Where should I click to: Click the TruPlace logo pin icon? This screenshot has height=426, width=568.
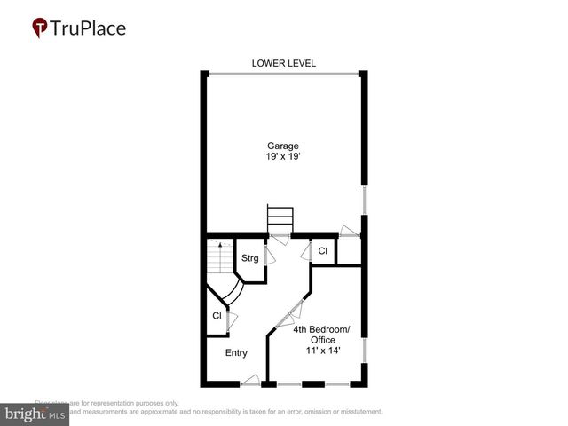click(x=40, y=28)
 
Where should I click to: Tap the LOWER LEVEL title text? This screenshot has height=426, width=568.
click(x=284, y=63)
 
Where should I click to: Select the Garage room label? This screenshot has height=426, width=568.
click(x=284, y=146)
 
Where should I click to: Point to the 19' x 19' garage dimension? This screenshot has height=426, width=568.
click(x=284, y=157)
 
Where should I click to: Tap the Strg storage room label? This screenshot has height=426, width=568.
click(x=249, y=258)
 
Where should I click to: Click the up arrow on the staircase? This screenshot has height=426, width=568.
click(x=221, y=245)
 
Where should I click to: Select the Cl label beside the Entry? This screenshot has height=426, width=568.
click(x=217, y=316)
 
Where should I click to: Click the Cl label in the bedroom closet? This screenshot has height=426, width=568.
click(x=323, y=251)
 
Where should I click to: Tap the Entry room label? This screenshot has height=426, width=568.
click(x=236, y=353)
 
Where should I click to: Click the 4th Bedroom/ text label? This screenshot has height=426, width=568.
click(x=321, y=329)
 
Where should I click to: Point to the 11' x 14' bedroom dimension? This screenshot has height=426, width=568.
click(x=321, y=351)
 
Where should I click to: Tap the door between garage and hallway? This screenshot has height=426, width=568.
click(x=280, y=240)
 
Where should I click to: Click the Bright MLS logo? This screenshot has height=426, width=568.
click(x=35, y=414)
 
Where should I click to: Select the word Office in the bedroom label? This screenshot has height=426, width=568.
click(x=321, y=340)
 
